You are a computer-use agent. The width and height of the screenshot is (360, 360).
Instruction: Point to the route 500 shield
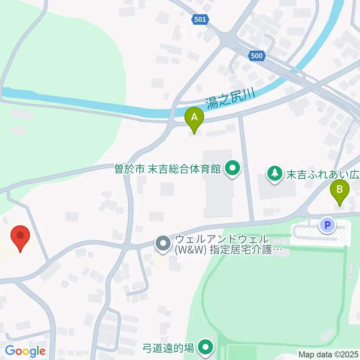tap(256, 56)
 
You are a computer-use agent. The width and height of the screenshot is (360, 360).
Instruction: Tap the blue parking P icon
tap(327, 225)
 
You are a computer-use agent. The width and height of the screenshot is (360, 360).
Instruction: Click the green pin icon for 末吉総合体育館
tap(232, 169)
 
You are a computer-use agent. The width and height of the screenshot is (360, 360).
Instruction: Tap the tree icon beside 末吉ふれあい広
tap(276, 174)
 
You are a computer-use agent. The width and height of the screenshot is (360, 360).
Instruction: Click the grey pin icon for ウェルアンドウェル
tap(163, 244)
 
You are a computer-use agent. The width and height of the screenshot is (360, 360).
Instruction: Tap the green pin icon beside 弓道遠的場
tap(205, 348)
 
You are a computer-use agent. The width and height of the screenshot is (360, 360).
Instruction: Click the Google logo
tap(25, 351)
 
